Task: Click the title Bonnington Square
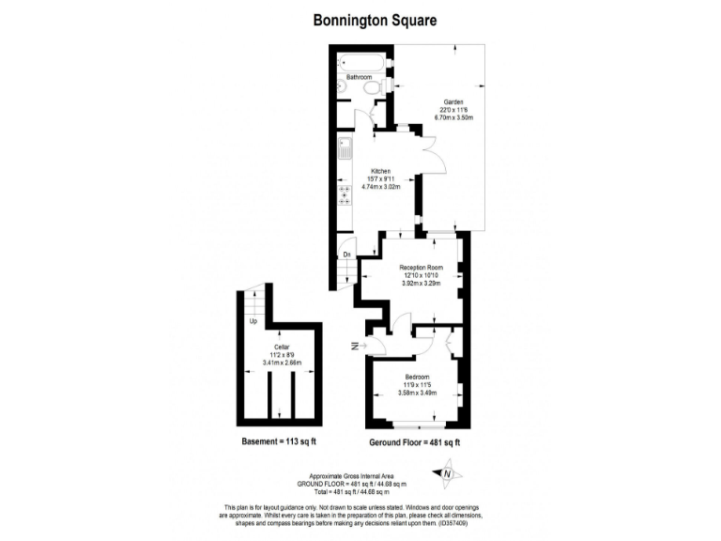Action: [x=361, y=19]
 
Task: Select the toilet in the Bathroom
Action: [x=373, y=87]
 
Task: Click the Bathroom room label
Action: [x=360, y=77]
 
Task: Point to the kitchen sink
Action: [x=345, y=148]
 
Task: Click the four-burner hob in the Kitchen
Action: [x=345, y=194]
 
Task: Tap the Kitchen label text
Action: [x=381, y=171]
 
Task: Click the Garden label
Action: [x=453, y=101]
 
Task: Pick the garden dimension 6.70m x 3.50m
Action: [x=453, y=117]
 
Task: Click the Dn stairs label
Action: [x=346, y=255]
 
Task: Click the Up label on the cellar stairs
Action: [x=253, y=322]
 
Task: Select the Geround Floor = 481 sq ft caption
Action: [x=417, y=441]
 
